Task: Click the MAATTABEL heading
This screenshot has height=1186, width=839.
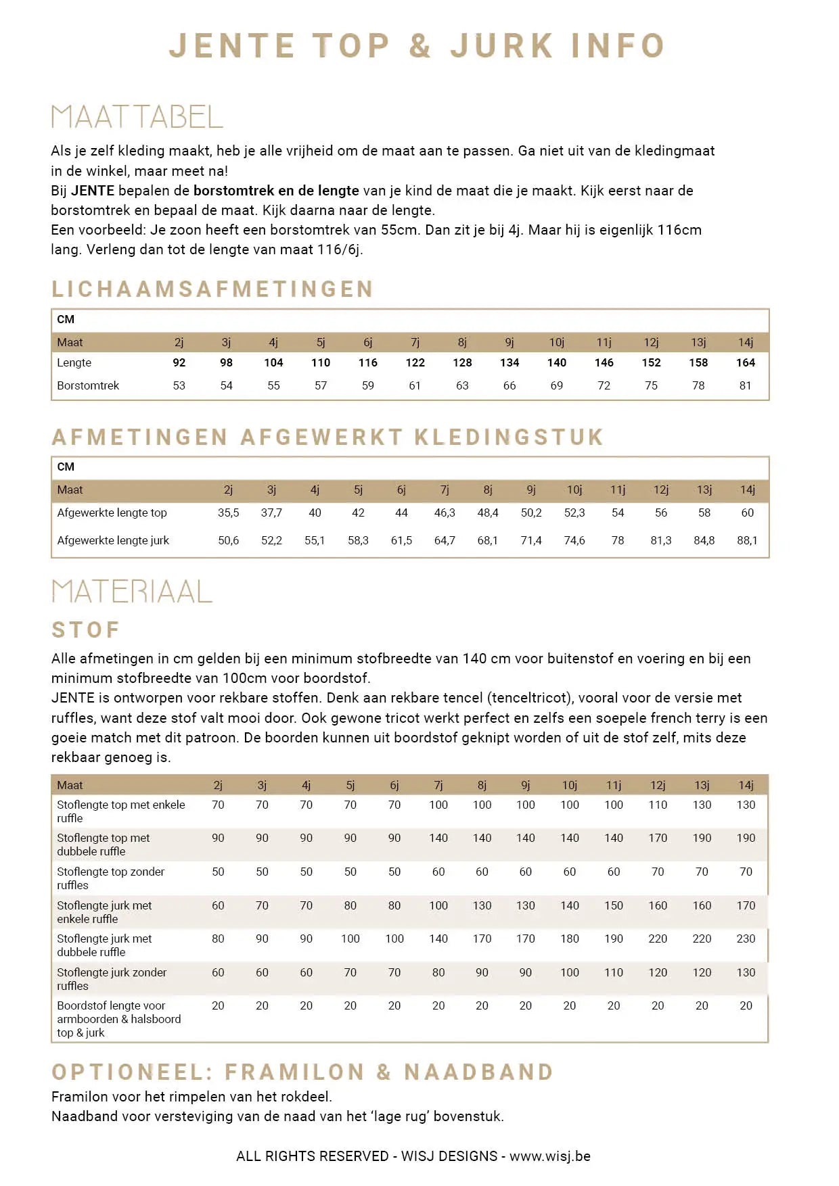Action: coord(137,117)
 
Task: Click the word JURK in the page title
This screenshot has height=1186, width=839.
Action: coord(502,46)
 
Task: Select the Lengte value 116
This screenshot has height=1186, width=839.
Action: coord(367,362)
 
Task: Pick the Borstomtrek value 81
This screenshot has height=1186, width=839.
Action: coord(745,385)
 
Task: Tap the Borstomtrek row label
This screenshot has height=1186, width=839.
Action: coord(88,385)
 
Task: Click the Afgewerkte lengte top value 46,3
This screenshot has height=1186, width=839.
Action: coord(445,513)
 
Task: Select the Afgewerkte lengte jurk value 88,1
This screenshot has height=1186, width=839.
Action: coord(747,540)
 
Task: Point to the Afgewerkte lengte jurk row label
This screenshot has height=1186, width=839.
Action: coord(113,540)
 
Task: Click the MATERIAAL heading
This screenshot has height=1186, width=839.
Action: coord(132,592)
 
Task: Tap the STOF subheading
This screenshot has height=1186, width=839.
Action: coord(86,630)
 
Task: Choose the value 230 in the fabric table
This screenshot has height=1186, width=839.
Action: coord(746,939)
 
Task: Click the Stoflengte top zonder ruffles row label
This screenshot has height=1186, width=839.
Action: coord(110,878)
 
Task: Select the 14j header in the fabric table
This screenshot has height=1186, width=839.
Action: coord(746,785)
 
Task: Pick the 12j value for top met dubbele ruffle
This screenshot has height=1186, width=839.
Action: coord(658,838)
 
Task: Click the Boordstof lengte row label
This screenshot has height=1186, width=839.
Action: coord(118,1019)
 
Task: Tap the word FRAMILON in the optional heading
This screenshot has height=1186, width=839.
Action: coord(295,1072)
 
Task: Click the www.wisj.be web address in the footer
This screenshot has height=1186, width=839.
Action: coord(549,1156)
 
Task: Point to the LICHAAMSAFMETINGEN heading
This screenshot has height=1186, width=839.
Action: coord(212,289)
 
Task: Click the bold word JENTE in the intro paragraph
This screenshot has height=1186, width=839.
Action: coord(93,191)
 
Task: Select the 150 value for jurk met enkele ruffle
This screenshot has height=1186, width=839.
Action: coord(614,905)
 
